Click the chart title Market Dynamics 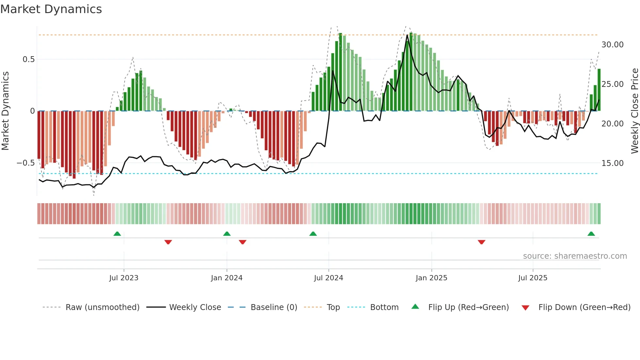51,9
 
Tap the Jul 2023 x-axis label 124,278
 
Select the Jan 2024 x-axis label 227,278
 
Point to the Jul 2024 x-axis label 328,278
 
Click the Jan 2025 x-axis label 431,278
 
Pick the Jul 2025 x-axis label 533,278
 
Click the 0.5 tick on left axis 28,59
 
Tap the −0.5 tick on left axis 25,163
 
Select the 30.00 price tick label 612,45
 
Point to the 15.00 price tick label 612,163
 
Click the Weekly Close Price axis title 634,111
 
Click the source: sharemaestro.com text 575,256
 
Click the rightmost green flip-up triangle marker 591,234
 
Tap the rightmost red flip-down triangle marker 481,242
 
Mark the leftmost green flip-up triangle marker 117,234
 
